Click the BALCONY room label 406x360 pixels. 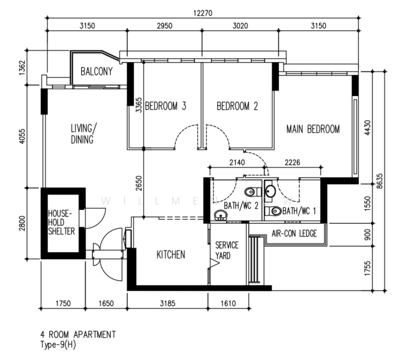[97, 71]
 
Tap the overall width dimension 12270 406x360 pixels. [203, 13]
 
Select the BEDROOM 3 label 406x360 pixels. [166, 106]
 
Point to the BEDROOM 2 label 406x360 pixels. [237, 106]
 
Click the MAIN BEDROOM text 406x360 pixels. [313, 129]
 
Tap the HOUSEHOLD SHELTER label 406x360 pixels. [61, 223]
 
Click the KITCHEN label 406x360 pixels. [171, 254]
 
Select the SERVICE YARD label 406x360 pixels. [227, 250]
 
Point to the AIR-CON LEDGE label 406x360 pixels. [294, 233]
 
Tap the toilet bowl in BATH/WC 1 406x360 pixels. [273, 211]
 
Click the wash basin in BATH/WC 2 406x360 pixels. [221, 215]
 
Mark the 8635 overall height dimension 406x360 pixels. [380, 181]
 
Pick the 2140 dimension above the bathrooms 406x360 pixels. [237, 163]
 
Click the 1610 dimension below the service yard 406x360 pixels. [228, 303]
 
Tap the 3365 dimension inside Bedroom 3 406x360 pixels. [139, 105]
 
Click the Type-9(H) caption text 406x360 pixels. [58, 345]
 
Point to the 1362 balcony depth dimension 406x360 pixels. [22, 68]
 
